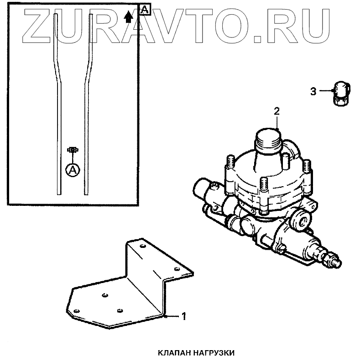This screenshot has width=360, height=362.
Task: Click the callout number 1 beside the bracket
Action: click(x=183, y=316)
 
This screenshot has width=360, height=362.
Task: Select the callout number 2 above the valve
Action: click(x=277, y=111)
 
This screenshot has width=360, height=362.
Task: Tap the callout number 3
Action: click(x=313, y=92)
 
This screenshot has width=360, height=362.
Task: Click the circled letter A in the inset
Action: click(x=73, y=170)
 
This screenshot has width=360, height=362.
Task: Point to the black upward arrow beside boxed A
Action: click(x=129, y=17)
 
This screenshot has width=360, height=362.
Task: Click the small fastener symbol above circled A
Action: click(x=72, y=150)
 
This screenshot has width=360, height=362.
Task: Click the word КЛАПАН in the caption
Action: click(x=176, y=352)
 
